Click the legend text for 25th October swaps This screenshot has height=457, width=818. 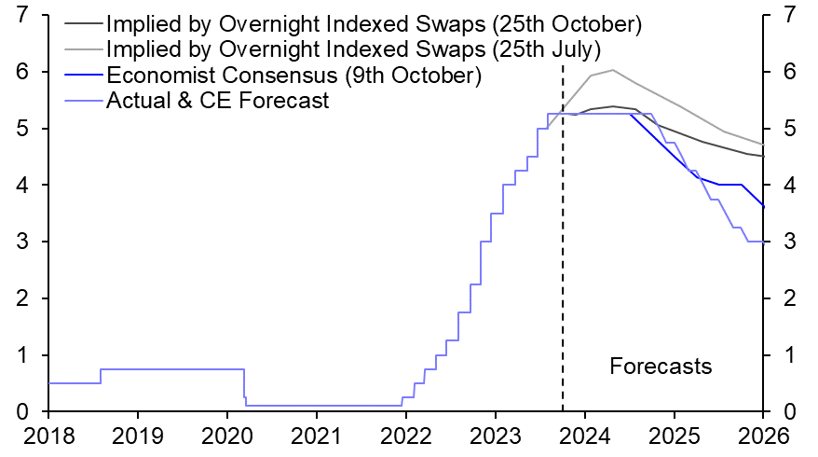[374, 21]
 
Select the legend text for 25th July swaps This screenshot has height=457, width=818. [354, 48]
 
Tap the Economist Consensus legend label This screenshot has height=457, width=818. [293, 75]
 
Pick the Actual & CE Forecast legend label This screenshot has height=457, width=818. [218, 101]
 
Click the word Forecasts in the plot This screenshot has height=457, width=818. [661, 367]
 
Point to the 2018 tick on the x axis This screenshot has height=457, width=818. [48, 436]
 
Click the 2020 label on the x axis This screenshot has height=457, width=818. [227, 436]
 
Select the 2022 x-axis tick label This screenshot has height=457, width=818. [406, 436]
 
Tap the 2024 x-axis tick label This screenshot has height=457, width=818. [585, 436]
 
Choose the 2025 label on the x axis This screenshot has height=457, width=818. [675, 436]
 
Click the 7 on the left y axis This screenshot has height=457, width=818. [21, 15]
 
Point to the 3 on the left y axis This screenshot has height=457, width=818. [21, 242]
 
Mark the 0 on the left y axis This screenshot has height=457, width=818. [21, 412]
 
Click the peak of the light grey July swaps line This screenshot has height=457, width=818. [611, 70]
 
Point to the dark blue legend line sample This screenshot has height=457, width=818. [83, 75]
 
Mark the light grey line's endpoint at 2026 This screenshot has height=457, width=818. [763, 145]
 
